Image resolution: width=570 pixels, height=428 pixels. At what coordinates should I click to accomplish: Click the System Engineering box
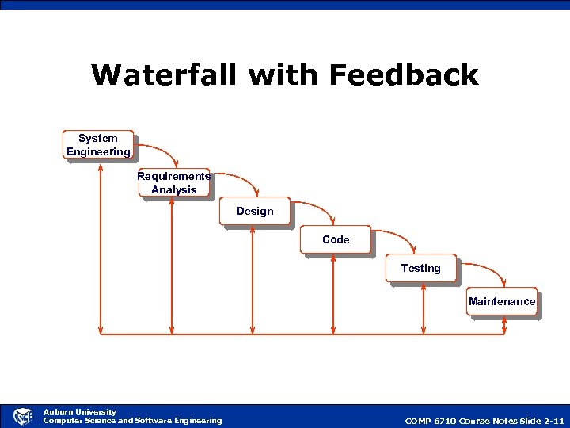pos(98,145)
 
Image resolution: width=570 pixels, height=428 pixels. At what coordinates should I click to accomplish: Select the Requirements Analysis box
pos(173,182)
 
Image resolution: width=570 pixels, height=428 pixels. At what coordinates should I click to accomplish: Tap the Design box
pos(255,211)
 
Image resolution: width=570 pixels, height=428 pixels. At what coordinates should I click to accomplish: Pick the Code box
pos(336,239)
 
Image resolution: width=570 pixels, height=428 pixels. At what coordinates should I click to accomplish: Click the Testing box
pos(420,269)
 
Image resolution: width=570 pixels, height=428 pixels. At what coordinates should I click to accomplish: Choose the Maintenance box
pos(502,301)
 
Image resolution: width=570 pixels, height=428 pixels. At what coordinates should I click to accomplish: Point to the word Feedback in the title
pos(404,75)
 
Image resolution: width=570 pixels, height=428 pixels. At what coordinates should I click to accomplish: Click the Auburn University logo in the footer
pos(23,416)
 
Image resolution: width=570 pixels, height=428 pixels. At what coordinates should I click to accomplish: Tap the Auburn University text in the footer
pos(79,411)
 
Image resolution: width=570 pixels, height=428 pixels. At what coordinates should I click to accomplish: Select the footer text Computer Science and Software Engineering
pos(132,421)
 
